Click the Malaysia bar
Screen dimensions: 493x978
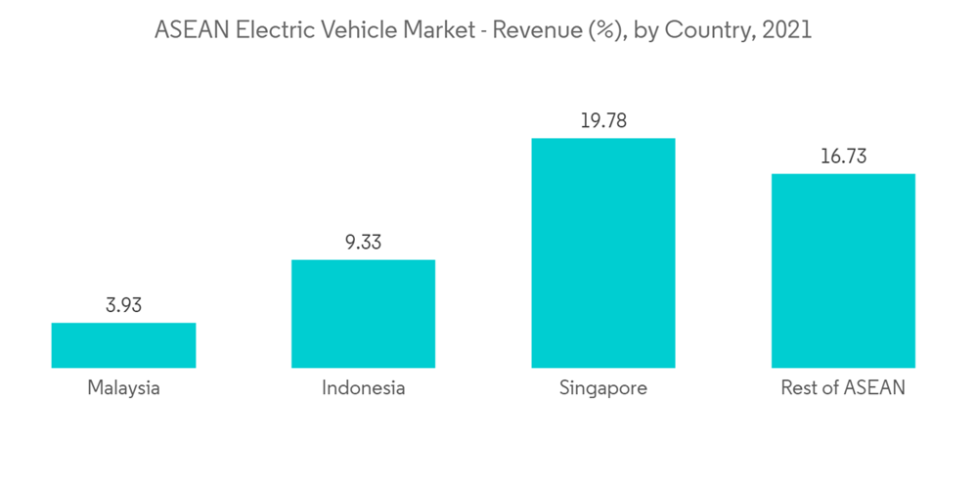(x=123, y=345)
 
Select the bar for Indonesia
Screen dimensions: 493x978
(x=363, y=314)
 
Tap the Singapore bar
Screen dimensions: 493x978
(x=602, y=252)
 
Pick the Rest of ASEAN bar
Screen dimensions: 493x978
(x=843, y=271)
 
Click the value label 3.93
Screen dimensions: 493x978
(x=123, y=305)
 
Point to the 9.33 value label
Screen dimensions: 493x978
(x=363, y=243)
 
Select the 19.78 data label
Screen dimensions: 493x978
(x=602, y=121)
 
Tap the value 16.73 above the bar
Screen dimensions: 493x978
(x=843, y=157)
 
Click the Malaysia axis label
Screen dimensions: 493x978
(x=123, y=388)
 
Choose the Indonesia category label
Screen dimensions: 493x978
(x=363, y=388)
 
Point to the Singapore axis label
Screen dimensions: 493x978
(x=602, y=388)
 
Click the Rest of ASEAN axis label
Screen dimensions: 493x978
(x=843, y=388)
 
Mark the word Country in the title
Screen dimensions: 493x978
(x=707, y=30)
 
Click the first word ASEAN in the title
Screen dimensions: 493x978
(x=188, y=30)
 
